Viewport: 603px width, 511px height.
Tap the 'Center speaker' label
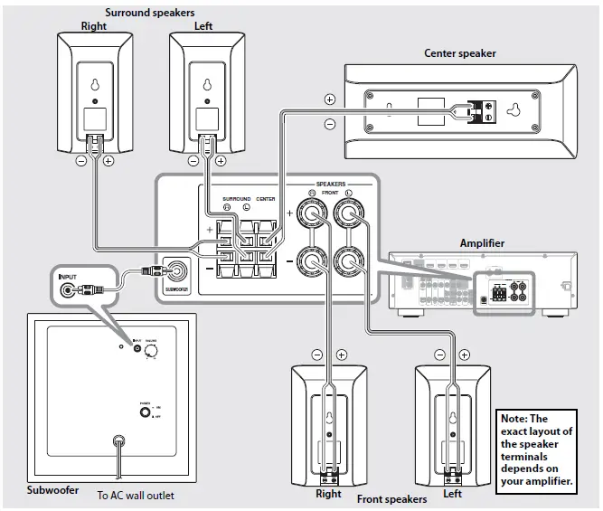pyautogui.click(x=460, y=53)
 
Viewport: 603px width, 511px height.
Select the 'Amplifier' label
pyautogui.click(x=482, y=243)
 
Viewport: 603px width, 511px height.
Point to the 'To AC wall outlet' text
pyautogui.click(x=136, y=496)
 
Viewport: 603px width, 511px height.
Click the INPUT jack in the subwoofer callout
pyautogui.click(x=69, y=291)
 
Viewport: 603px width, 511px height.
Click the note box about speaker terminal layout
pyautogui.click(x=538, y=449)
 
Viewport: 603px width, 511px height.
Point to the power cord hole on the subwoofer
pyautogui.click(x=118, y=442)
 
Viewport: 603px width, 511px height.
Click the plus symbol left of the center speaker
pyautogui.click(x=330, y=99)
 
